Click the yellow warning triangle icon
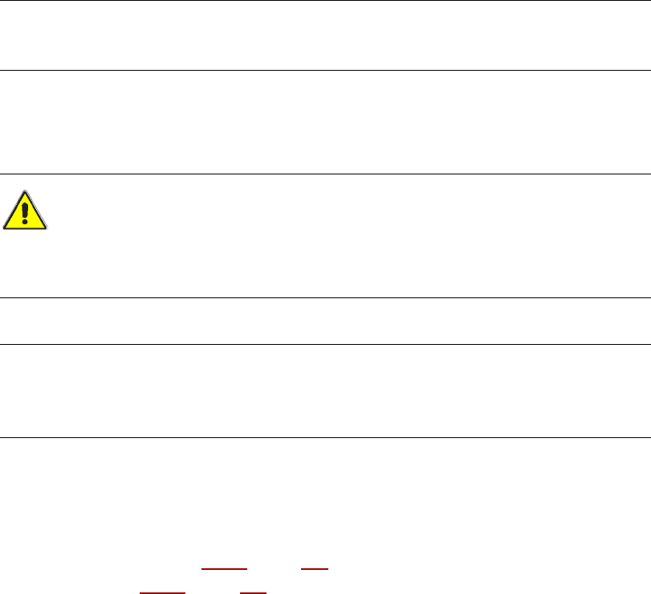[x=25, y=211]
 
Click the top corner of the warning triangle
[x=25, y=192]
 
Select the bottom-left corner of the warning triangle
[x=4, y=229]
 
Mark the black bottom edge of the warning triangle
[x=25, y=229]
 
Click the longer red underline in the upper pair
[x=223, y=567]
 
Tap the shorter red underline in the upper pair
[x=315, y=567]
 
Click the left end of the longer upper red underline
[x=201, y=567]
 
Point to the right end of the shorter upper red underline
[x=328, y=567]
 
